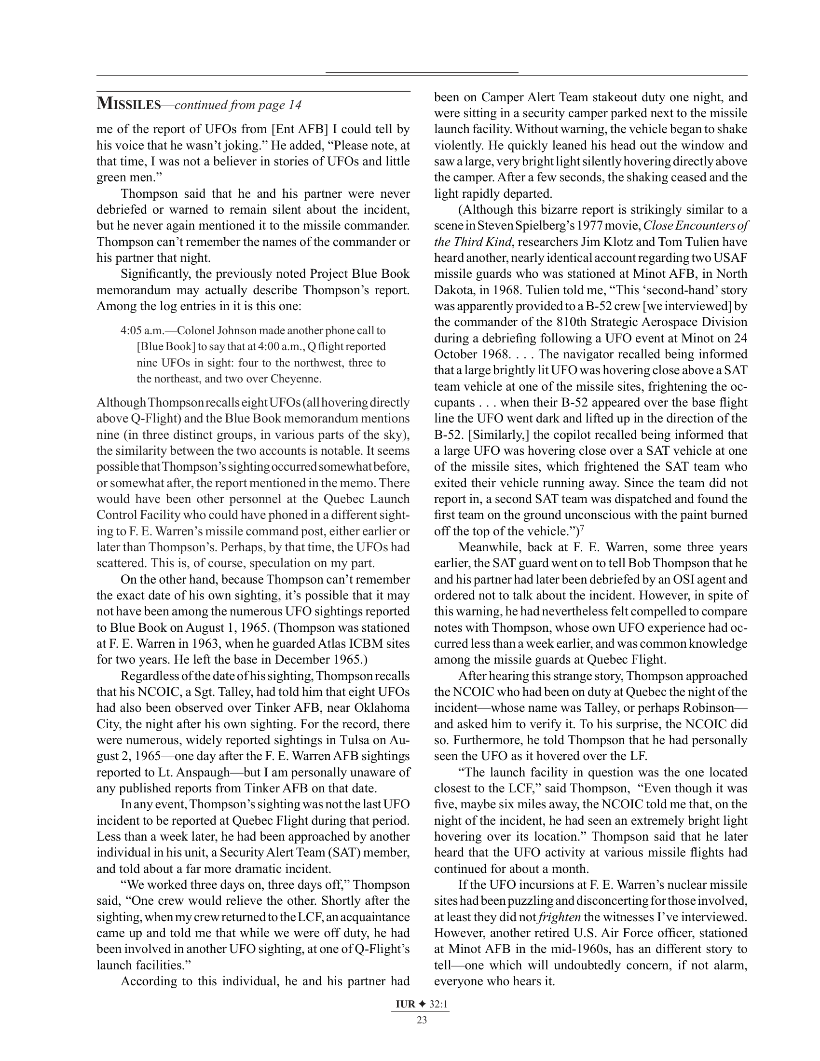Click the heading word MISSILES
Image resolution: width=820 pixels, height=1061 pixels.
(x=128, y=104)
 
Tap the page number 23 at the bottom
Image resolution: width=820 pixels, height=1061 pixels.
(x=422, y=1020)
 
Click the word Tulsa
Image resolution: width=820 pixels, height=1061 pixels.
(x=357, y=740)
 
